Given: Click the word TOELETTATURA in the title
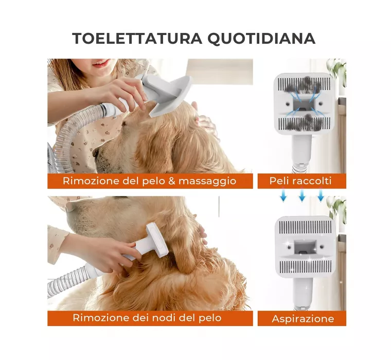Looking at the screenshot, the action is [x=137, y=39].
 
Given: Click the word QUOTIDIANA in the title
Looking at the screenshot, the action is [x=261, y=39].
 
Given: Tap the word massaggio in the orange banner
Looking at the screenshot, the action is [x=207, y=181].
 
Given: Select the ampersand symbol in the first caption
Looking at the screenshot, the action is [x=172, y=181].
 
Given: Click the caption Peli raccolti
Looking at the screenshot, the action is [x=300, y=181].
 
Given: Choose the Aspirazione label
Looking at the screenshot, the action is [x=303, y=319].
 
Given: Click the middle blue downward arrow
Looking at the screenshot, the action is [x=302, y=195].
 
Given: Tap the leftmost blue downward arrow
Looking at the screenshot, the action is [x=283, y=195].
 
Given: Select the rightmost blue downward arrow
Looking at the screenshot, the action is [x=321, y=195].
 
